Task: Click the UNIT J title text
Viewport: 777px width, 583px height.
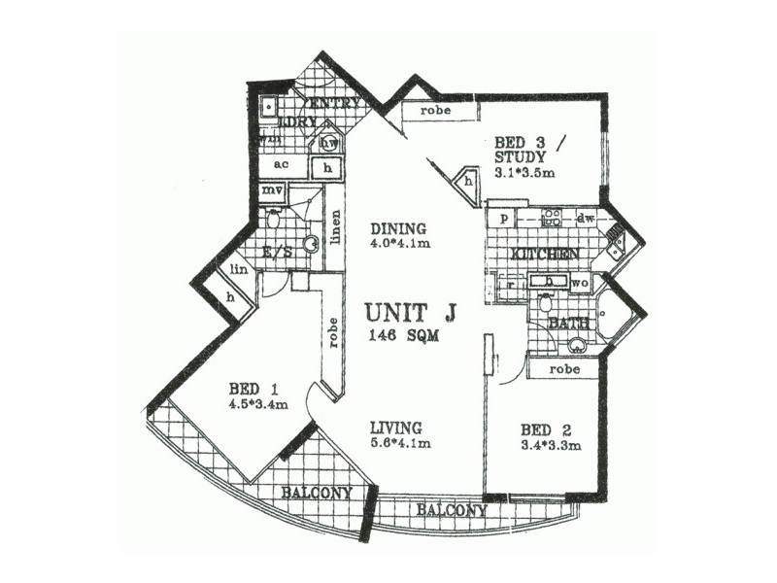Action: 411,314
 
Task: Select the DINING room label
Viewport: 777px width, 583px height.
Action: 399,229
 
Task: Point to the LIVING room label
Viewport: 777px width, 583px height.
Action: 394,428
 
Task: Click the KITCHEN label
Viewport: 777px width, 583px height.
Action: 545,254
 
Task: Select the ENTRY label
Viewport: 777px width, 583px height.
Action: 333,103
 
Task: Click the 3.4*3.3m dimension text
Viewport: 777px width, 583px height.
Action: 550,446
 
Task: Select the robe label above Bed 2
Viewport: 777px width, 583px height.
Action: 564,369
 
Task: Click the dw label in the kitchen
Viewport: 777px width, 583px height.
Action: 586,219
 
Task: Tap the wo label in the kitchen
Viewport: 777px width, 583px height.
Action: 580,284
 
